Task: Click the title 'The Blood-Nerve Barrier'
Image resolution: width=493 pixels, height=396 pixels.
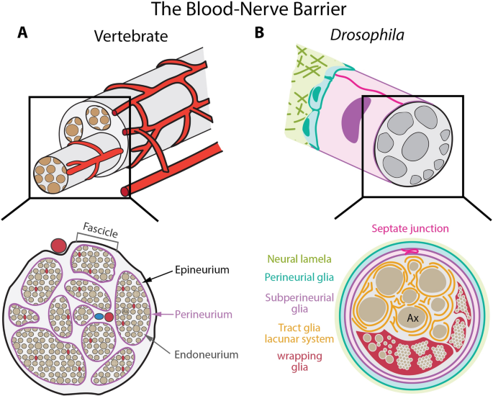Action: (x=246, y=10)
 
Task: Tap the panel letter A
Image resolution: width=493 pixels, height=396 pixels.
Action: (x=23, y=34)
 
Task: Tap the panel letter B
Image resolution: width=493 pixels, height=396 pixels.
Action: (x=260, y=34)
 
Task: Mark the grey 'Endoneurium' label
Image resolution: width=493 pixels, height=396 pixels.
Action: (x=204, y=354)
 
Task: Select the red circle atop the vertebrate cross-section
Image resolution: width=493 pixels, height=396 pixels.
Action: (x=58, y=245)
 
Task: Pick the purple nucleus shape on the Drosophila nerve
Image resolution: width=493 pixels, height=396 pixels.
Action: (x=358, y=118)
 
